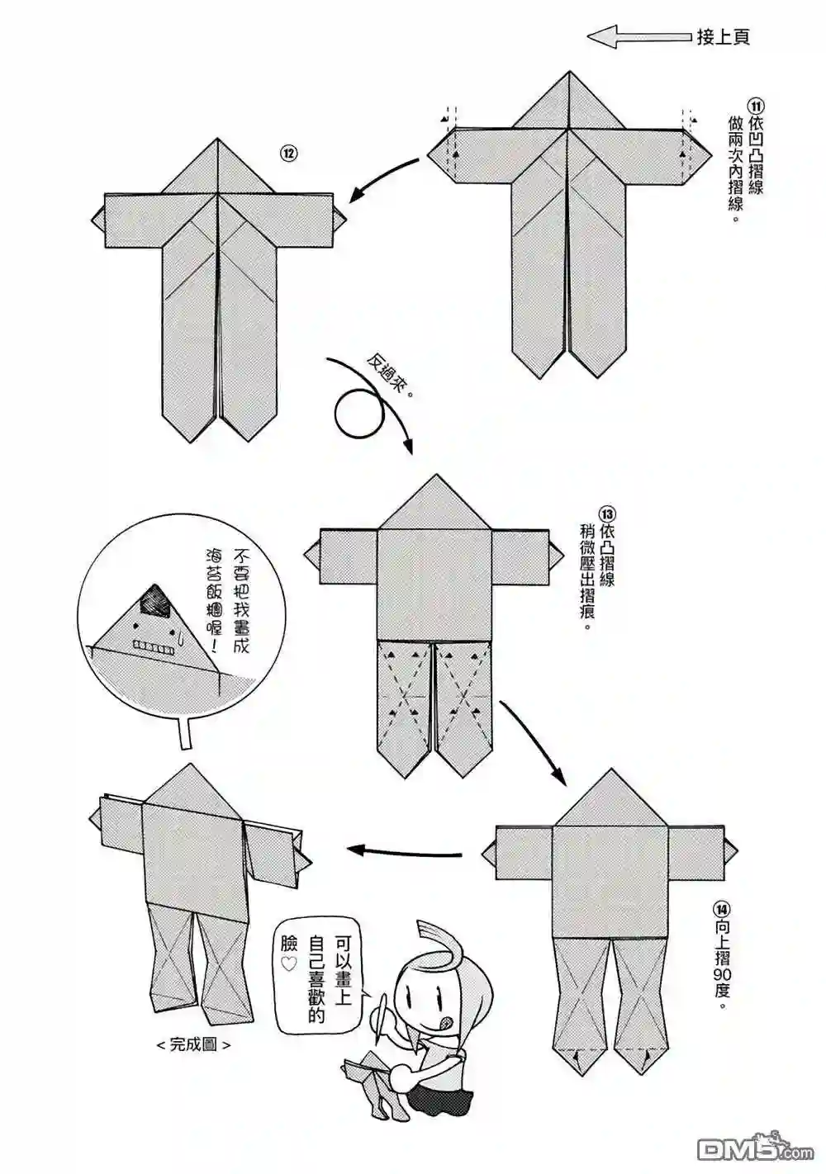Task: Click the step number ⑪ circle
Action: tap(756, 107)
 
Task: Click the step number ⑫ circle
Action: tap(288, 153)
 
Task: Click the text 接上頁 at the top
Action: tap(724, 36)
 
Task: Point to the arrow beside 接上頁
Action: tap(638, 36)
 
